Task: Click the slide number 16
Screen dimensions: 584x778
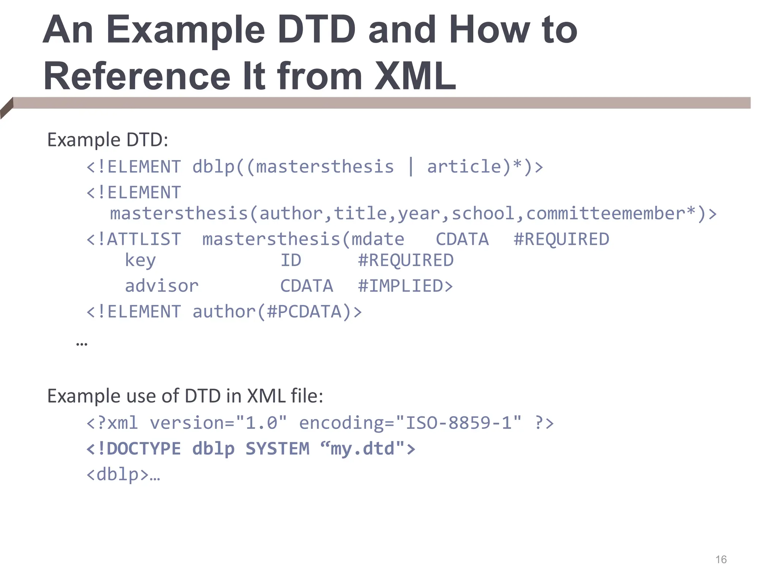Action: [x=721, y=560]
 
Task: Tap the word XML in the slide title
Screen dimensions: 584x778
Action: [x=415, y=76]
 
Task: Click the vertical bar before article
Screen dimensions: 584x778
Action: [x=411, y=167]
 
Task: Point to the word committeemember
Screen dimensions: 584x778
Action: [x=606, y=213]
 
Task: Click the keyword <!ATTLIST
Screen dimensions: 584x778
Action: [x=134, y=240]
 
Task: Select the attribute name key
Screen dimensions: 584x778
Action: [x=140, y=261]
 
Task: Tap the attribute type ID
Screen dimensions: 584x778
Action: [x=291, y=260]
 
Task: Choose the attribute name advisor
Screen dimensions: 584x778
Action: [x=161, y=286]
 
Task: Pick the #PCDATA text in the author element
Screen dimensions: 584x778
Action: [x=309, y=312]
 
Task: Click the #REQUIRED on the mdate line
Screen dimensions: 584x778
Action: [x=561, y=240]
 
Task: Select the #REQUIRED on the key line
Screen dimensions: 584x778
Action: [x=405, y=260]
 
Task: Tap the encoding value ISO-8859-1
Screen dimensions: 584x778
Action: [x=458, y=423]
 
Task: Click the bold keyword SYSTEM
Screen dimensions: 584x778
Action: [x=277, y=449]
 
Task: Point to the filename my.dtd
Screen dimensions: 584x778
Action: [x=362, y=449]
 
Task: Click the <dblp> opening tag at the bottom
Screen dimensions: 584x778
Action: [x=117, y=474]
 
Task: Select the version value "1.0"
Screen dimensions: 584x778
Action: [x=261, y=423]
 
